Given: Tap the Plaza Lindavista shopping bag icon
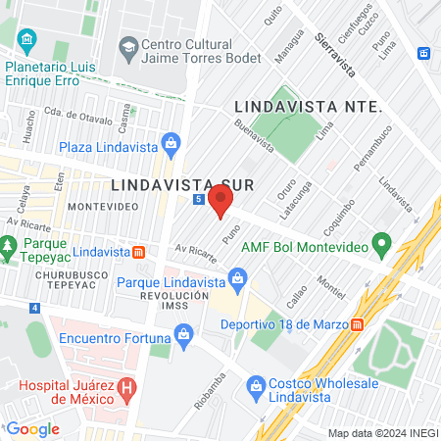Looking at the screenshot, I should pyautogui.click(x=171, y=143).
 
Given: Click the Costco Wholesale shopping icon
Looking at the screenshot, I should pyautogui.click(x=258, y=383).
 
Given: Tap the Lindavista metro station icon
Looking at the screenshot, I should pyautogui.click(x=139, y=252).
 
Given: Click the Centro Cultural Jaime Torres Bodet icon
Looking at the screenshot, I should pyautogui.click(x=127, y=44).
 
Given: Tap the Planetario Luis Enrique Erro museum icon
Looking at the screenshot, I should pyautogui.click(x=26, y=39).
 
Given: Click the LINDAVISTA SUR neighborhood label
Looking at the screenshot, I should pyautogui.click(x=170, y=183).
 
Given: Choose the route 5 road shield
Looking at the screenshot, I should pyautogui.click(x=199, y=199).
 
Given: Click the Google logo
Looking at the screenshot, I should pyautogui.click(x=32, y=428).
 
